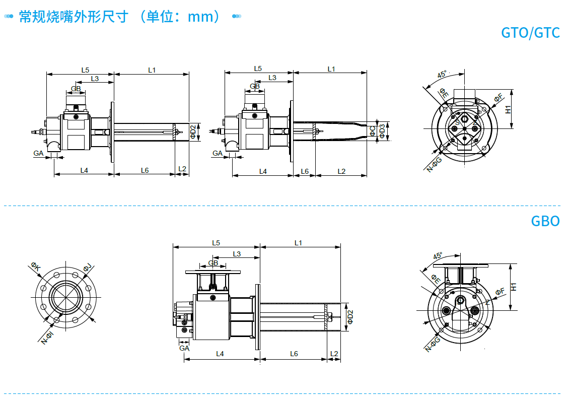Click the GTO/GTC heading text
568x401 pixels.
[x=530, y=33]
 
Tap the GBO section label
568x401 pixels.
[x=545, y=221]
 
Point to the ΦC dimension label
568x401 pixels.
[x=373, y=131]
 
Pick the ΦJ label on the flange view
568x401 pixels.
[x=87, y=266]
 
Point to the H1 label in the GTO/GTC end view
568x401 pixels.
[x=508, y=109]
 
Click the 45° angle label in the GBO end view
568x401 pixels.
[x=438, y=256]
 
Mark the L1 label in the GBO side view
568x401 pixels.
[x=298, y=243]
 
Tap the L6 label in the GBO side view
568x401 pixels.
[x=294, y=354]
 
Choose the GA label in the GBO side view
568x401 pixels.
[x=184, y=348]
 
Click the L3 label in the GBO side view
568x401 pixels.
[x=237, y=253]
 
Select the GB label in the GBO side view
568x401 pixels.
[x=213, y=263]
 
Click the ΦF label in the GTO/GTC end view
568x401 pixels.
[x=499, y=98]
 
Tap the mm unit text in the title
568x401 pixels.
[x=198, y=17]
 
